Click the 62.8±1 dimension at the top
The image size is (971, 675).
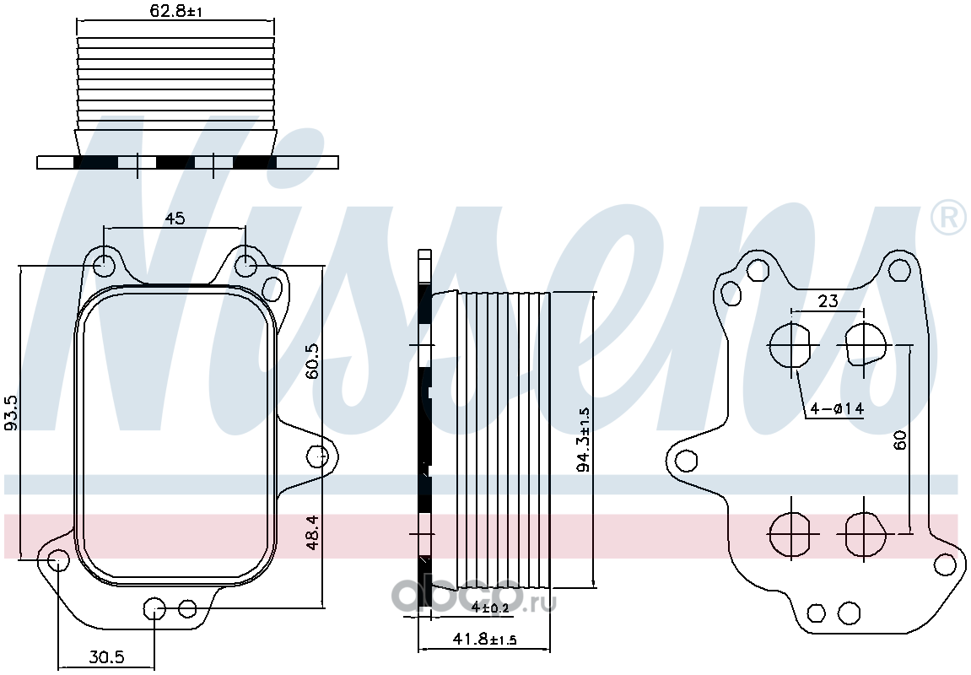175,10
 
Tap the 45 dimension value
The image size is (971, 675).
175,218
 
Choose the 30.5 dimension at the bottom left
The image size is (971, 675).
107,656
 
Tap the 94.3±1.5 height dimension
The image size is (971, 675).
584,439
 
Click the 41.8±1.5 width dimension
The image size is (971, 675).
485,639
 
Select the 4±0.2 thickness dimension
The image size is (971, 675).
490,607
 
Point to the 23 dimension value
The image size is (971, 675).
828,301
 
